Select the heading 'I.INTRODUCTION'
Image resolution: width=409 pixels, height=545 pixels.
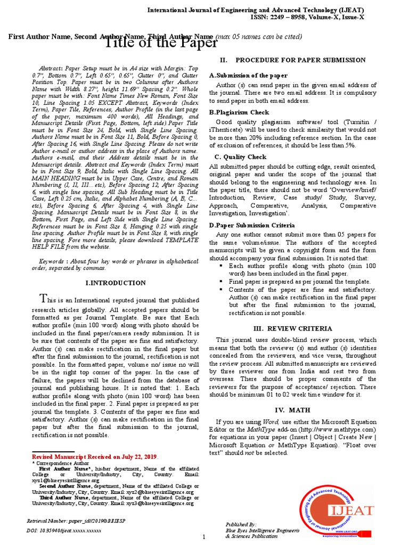click(116, 283)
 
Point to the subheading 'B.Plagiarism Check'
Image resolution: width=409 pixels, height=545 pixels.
click(239, 112)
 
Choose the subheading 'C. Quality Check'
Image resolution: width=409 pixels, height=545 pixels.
click(240, 157)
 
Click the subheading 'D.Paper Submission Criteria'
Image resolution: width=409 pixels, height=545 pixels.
click(251, 226)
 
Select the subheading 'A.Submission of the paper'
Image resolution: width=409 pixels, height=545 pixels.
click(248, 76)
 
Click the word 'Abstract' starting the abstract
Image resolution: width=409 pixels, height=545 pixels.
click(52, 69)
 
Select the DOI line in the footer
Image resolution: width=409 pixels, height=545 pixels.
click(63, 531)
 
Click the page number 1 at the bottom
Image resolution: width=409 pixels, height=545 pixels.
click(203, 536)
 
